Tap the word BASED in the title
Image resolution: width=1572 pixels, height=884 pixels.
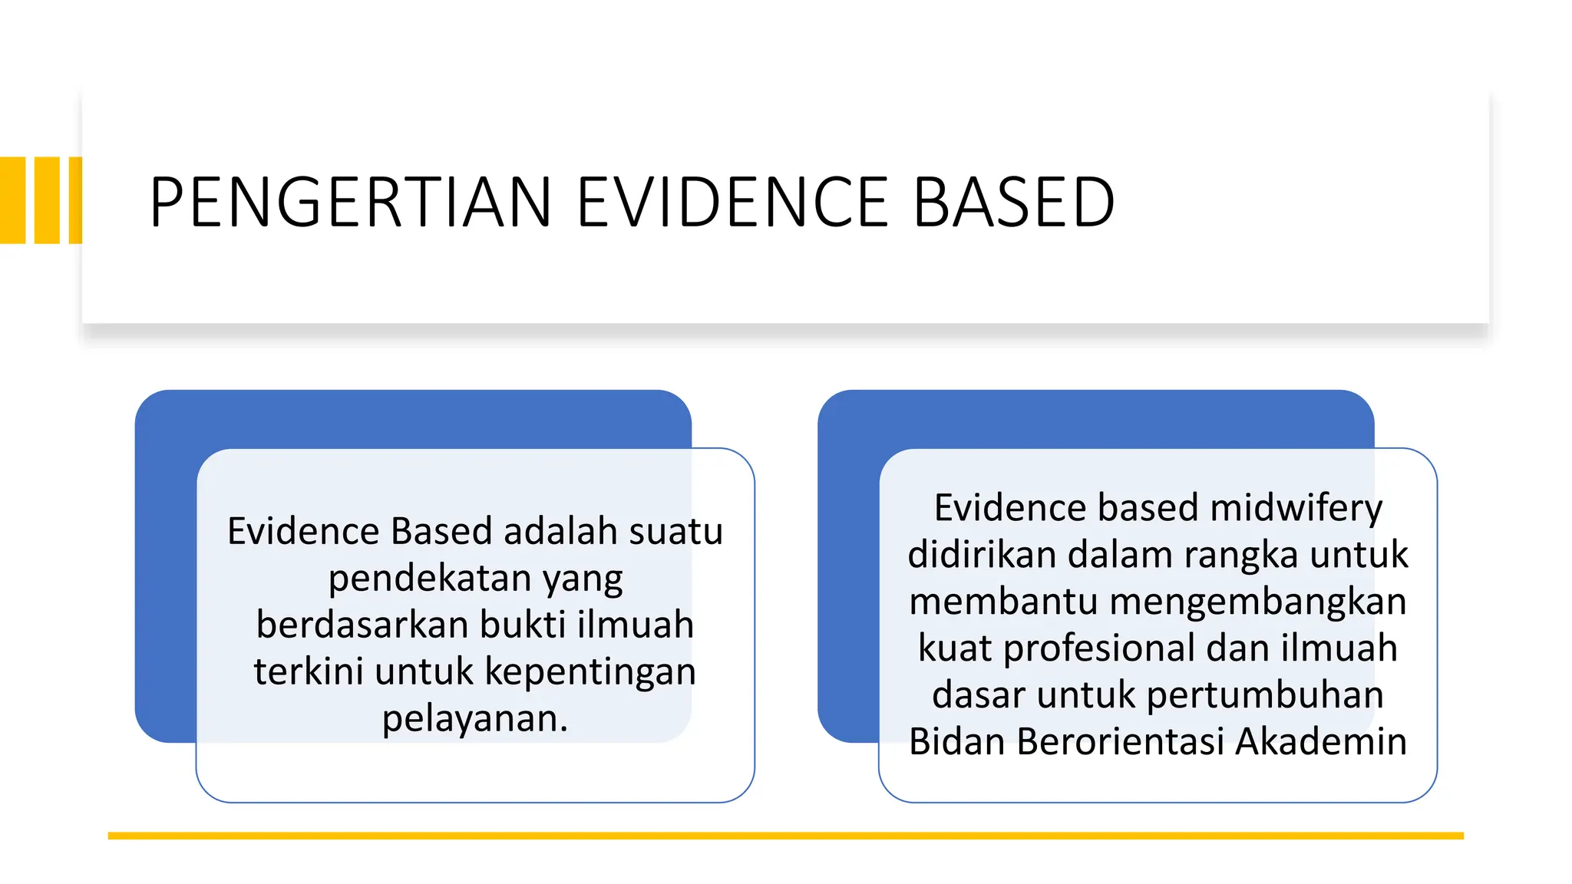tap(1014, 202)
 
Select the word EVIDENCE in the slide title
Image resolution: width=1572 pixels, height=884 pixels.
tap(732, 202)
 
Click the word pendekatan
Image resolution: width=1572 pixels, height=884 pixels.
tap(430, 579)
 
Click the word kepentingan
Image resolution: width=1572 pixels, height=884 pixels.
tap(590, 671)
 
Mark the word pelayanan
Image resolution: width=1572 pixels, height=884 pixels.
tap(474, 719)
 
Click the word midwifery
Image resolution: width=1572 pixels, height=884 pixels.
tap(1296, 508)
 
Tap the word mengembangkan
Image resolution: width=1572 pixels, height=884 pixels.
tap(1257, 602)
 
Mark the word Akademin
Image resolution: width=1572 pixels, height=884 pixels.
tap(1321, 742)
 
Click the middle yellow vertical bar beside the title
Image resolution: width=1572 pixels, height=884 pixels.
tap(47, 200)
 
